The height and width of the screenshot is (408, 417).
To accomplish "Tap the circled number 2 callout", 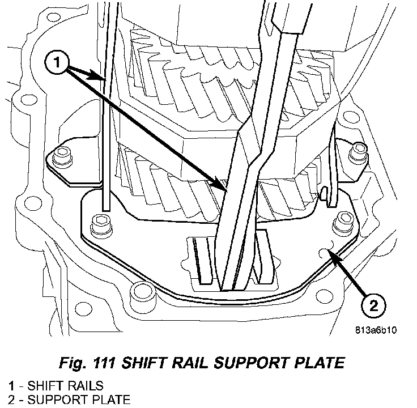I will coord(372,307).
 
